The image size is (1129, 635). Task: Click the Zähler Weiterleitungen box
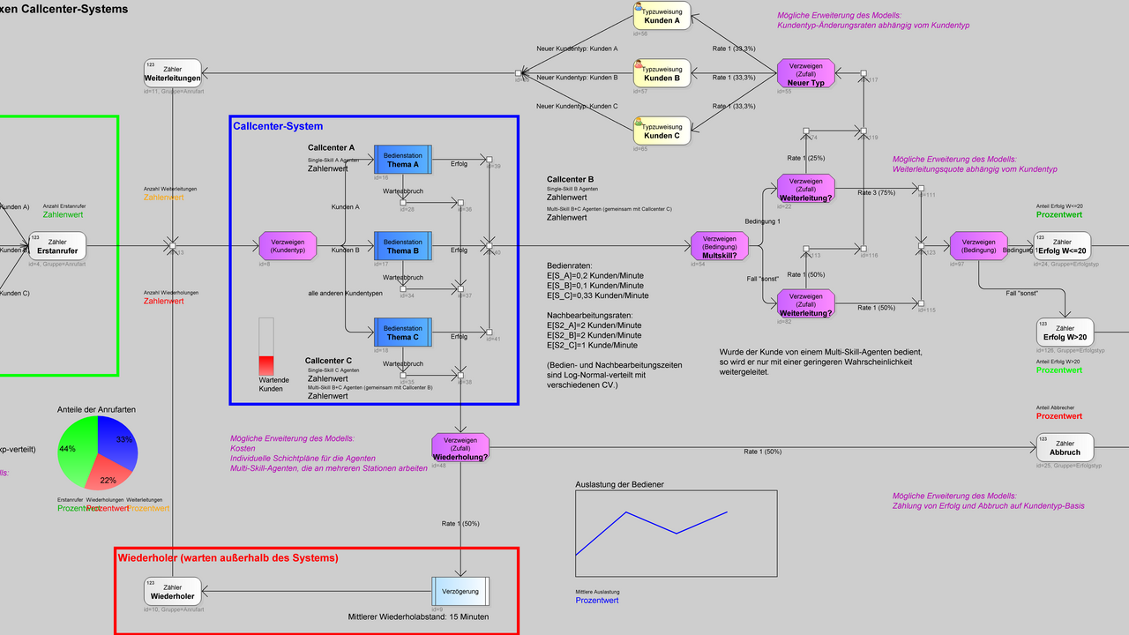click(x=173, y=72)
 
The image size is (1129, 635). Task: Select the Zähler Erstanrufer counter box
click(x=57, y=245)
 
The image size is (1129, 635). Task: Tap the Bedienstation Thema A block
click(x=402, y=159)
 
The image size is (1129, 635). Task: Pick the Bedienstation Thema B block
click(x=402, y=246)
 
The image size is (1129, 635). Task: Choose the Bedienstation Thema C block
click(x=402, y=332)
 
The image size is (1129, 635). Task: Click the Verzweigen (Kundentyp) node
click(x=288, y=246)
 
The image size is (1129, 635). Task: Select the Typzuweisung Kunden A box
click(x=662, y=15)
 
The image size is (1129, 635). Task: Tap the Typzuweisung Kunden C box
click(x=662, y=131)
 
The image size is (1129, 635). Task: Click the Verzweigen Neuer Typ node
click(x=805, y=72)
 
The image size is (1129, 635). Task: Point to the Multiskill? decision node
click(x=720, y=246)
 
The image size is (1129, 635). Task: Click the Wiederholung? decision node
click(x=460, y=446)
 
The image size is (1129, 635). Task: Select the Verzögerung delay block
click(x=460, y=589)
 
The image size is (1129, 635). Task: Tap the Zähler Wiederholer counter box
click(x=173, y=590)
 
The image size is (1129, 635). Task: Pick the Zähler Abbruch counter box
click(x=1065, y=446)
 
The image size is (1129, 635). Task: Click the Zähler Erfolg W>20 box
click(x=1065, y=332)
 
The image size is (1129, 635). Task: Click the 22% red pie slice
click(x=108, y=473)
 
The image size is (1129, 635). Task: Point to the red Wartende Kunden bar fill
click(x=266, y=365)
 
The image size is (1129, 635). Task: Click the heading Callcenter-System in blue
click(x=278, y=126)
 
